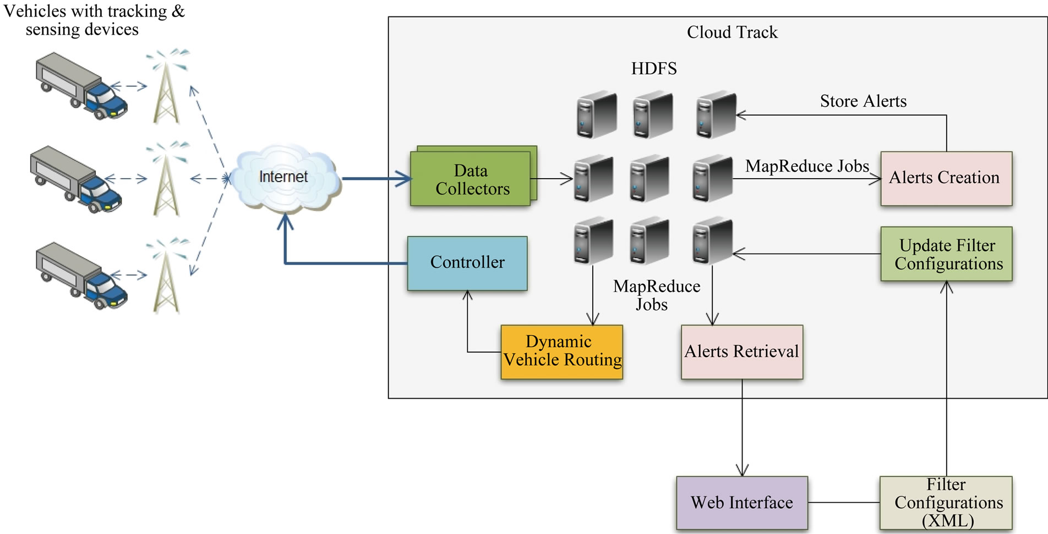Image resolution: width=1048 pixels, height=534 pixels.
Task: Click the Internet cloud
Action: coord(284,177)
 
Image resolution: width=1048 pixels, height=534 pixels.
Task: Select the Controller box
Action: coord(467,263)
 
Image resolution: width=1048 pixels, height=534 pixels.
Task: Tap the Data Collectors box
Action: coord(471,180)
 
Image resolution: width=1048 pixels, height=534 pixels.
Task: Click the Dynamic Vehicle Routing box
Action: coord(561,351)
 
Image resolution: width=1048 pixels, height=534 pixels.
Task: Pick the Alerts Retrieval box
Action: coord(741,351)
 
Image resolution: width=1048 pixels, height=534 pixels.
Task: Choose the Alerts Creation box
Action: coord(946,178)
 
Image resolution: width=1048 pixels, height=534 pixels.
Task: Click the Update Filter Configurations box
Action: coord(946,254)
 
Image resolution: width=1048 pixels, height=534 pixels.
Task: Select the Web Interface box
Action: coord(741,503)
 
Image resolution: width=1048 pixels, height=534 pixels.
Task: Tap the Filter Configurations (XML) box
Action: coord(946,503)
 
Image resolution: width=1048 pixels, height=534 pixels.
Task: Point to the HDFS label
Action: coord(653,69)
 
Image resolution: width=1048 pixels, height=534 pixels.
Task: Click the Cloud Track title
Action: coord(732,32)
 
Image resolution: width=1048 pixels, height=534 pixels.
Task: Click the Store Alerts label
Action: coord(863,101)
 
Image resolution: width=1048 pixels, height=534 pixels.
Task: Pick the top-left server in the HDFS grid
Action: coord(597,114)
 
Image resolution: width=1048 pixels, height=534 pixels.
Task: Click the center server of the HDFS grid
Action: coord(649,179)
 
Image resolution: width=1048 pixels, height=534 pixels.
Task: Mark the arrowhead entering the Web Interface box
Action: coord(742,471)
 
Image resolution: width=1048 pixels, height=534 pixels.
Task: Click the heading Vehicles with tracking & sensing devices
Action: coord(94,20)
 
